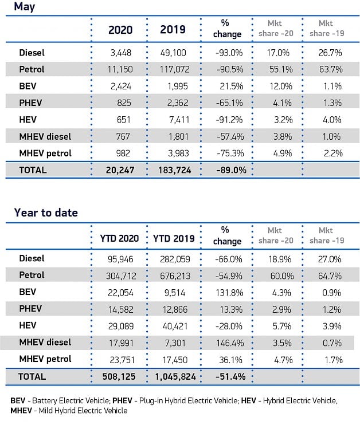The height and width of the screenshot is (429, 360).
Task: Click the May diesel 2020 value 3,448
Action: tap(121, 53)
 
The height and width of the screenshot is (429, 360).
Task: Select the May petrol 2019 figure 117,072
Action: tap(175, 69)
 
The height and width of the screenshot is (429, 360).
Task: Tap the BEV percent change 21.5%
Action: tap(232, 86)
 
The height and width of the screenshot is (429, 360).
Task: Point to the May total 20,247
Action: tap(120, 170)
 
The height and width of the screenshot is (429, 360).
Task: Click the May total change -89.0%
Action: tap(232, 170)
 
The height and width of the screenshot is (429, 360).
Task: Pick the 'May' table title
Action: tap(25, 6)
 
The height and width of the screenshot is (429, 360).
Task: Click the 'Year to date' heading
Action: tap(46, 212)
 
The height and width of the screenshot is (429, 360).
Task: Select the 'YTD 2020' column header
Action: tap(119, 239)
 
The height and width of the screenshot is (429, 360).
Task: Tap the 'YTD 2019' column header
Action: tap(174, 239)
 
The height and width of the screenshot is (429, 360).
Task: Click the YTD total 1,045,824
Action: tap(175, 377)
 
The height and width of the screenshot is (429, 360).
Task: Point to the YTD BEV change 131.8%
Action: tap(229, 293)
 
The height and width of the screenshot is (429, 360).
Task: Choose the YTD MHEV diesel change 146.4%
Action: tap(230, 343)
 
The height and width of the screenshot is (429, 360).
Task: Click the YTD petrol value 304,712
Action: tap(121, 276)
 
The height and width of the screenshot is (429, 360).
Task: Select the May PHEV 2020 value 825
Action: tap(124, 103)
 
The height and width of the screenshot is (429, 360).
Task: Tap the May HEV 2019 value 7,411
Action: tap(179, 120)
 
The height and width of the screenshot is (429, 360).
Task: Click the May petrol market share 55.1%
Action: tap(281, 69)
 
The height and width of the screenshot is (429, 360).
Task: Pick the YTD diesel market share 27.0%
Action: tap(330, 259)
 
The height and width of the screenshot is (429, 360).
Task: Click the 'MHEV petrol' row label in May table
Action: tap(45, 154)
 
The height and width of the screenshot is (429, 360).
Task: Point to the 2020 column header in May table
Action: tap(120, 30)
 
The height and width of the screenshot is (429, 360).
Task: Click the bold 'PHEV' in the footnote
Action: tap(122, 401)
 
